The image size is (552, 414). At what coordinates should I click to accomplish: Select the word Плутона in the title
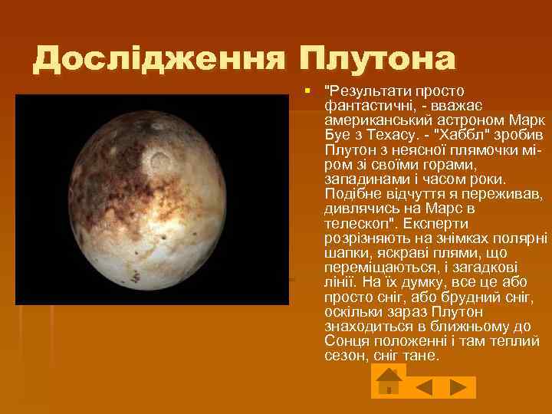(378, 58)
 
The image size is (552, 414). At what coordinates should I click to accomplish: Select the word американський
(376, 118)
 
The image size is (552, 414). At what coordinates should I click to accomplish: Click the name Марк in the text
(527, 118)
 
